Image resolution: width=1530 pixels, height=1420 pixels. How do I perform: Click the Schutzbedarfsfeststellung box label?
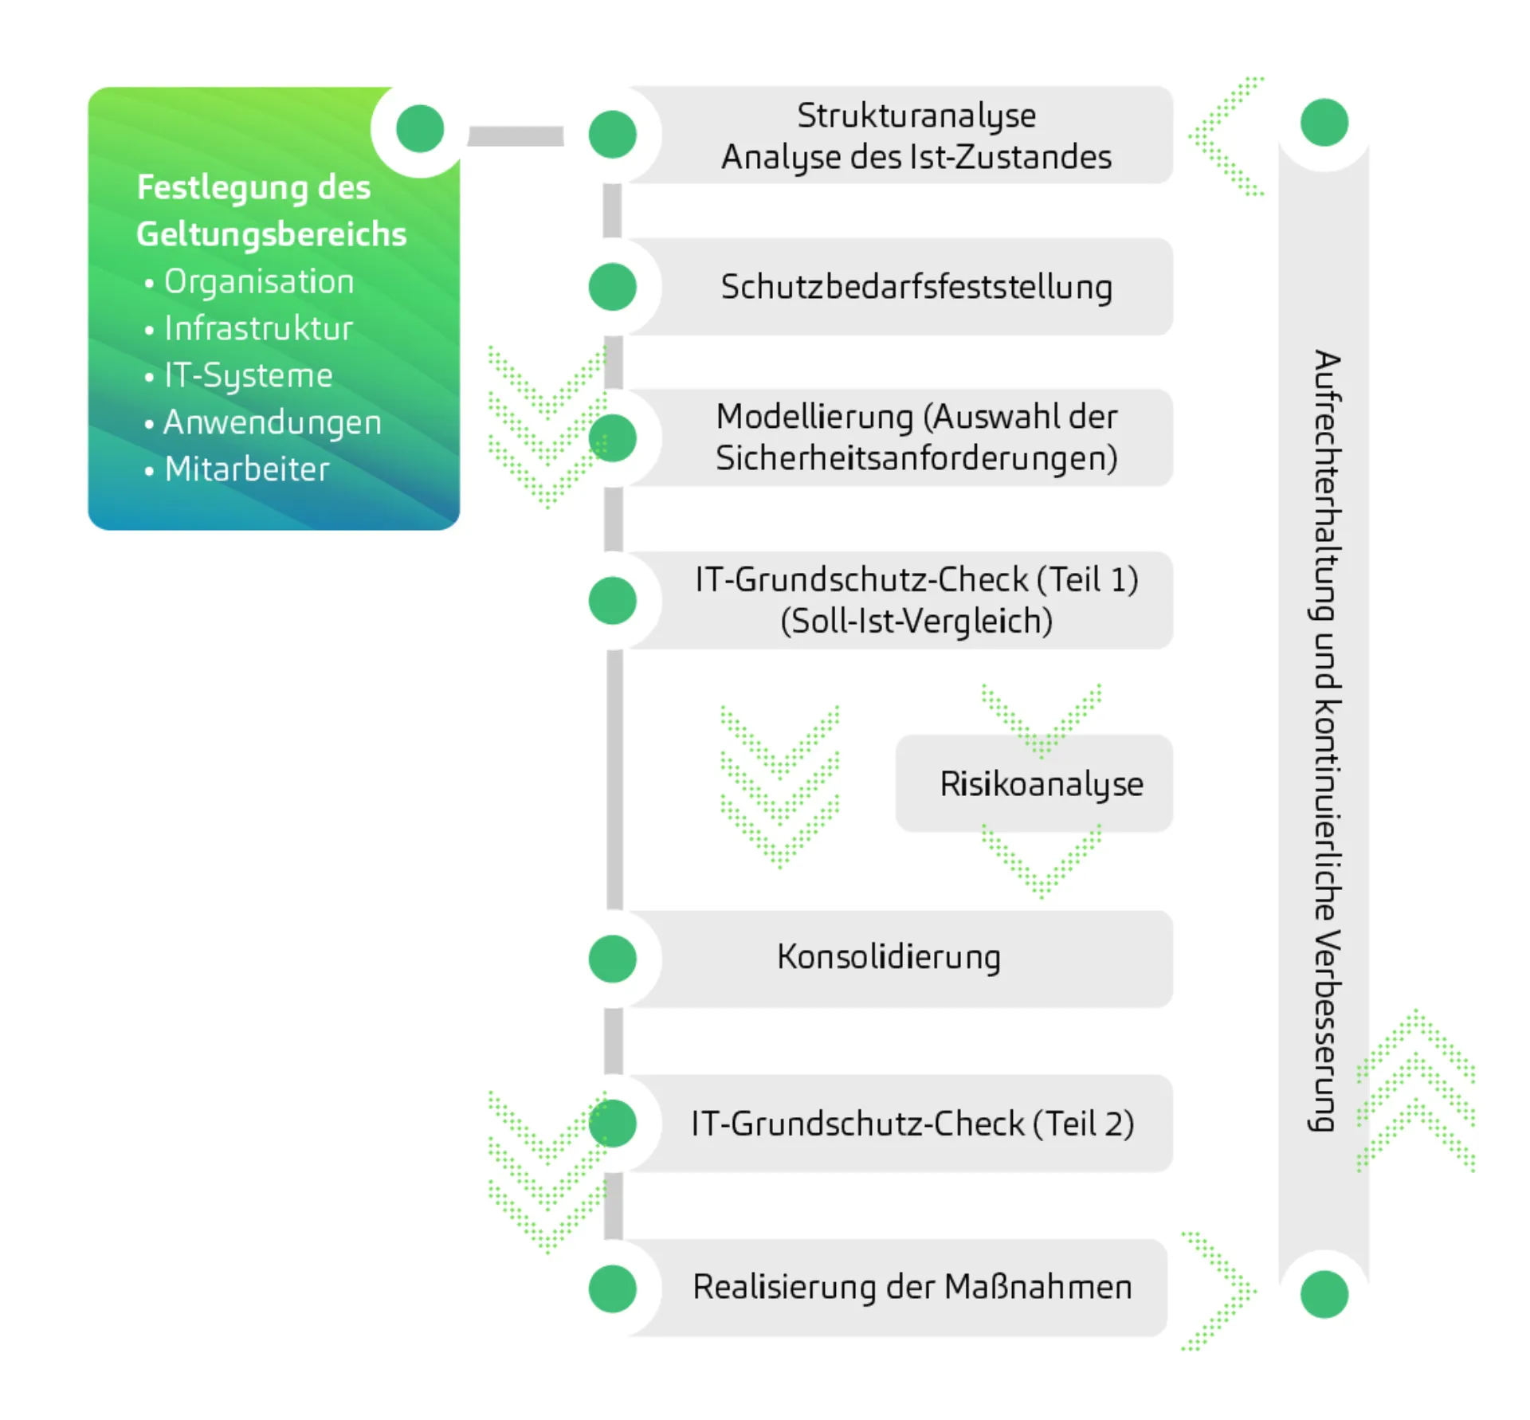pos(916,287)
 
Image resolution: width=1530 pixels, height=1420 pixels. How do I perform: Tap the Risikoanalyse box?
pos(1041,784)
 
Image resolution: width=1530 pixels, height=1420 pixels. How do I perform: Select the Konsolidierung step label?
pos(889,957)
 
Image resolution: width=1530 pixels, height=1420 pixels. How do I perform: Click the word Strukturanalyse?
pos(916,116)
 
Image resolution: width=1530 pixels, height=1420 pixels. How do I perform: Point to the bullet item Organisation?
pos(258,282)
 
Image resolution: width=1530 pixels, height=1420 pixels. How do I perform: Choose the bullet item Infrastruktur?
pos(258,329)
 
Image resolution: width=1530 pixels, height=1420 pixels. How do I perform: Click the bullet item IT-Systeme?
pos(248,375)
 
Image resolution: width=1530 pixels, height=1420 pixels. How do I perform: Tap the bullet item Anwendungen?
pos(272,422)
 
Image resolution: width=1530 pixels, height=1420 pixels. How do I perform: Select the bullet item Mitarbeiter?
pos(246,469)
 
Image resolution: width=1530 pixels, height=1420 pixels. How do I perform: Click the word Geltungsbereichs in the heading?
pos(271,234)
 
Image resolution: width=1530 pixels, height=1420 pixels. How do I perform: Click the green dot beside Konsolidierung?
pos(612,959)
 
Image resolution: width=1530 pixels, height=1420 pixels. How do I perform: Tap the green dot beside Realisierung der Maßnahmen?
pos(612,1289)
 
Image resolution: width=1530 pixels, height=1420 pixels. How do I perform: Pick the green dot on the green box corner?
pos(420,128)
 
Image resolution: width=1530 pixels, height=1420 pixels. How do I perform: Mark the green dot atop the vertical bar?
pos(1324,123)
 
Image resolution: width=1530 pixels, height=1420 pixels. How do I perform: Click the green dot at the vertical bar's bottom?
pos(1324,1294)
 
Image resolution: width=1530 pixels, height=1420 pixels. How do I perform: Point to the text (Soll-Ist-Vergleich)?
pos(916,622)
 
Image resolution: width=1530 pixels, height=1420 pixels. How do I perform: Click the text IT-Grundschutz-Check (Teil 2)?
pos(912,1124)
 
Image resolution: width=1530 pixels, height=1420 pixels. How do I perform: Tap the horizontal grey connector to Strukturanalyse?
pos(515,136)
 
